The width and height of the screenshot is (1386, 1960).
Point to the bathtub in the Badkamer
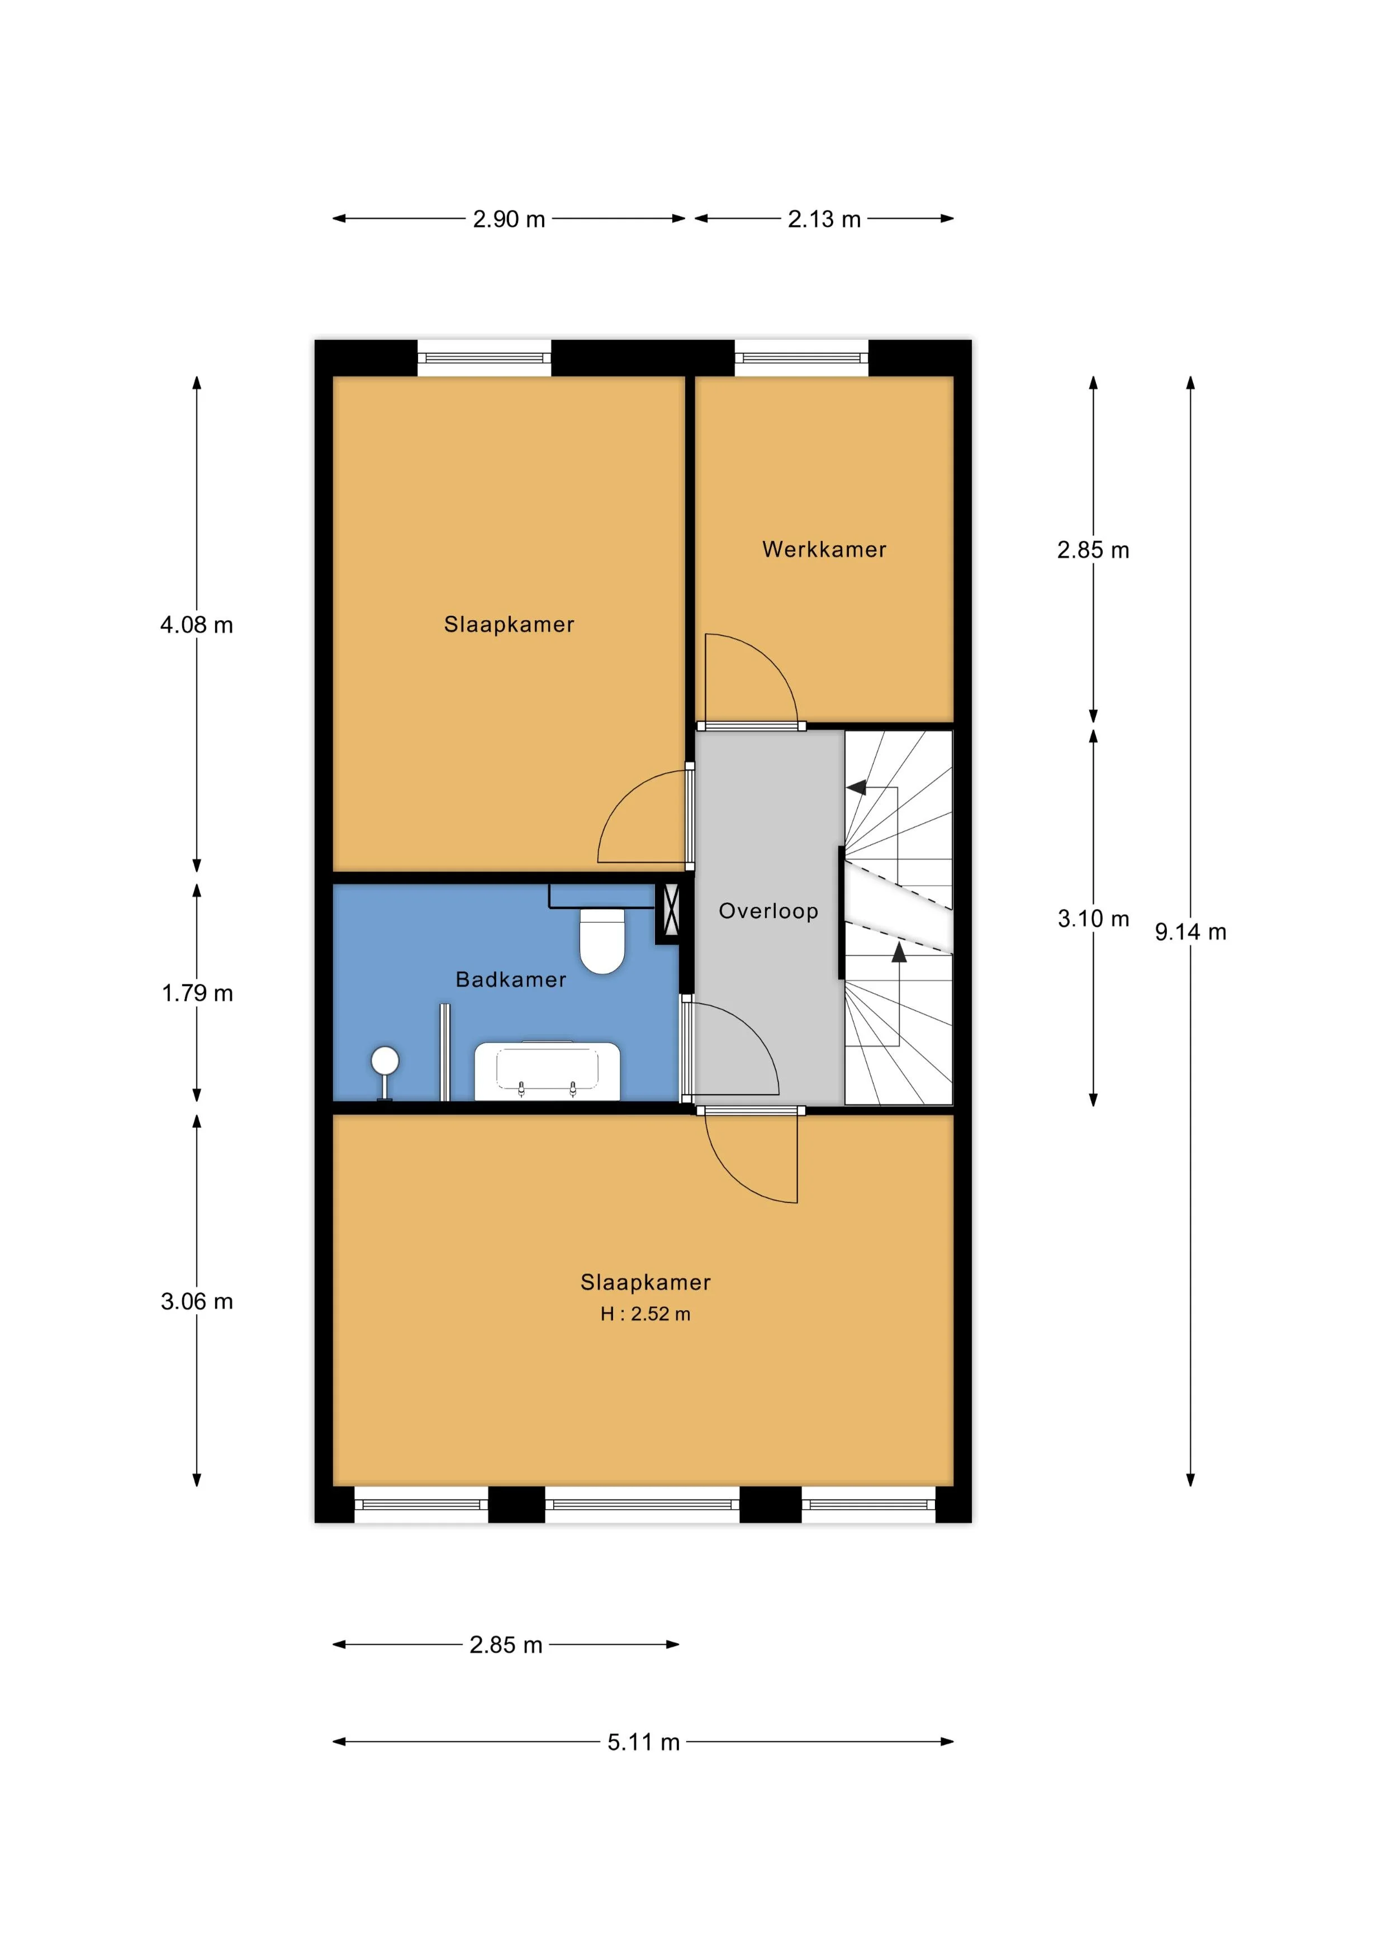[547, 1071]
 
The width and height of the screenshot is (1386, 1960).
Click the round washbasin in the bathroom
[385, 1061]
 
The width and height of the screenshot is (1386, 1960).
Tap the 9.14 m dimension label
[1190, 932]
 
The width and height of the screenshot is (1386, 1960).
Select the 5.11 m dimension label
[644, 1742]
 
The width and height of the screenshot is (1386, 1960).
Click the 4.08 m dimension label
[196, 625]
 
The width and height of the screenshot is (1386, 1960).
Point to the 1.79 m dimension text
[197, 993]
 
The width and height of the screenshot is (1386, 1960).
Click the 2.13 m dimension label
[824, 220]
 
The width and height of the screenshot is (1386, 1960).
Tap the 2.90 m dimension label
[509, 220]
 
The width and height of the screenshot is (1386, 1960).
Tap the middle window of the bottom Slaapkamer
[642, 1504]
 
